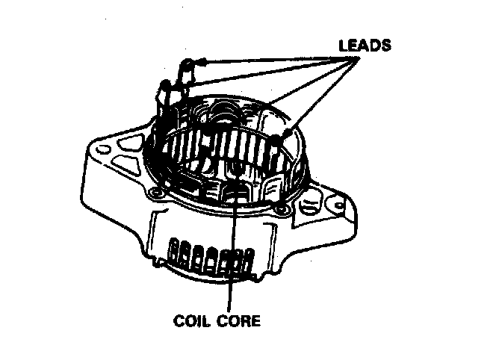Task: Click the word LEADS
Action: coord(364,45)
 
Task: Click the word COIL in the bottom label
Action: coord(190,322)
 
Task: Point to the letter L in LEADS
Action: coord(342,45)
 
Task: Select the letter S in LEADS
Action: coord(385,45)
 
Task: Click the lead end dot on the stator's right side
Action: coord(278,139)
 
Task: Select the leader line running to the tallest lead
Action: coord(269,61)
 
